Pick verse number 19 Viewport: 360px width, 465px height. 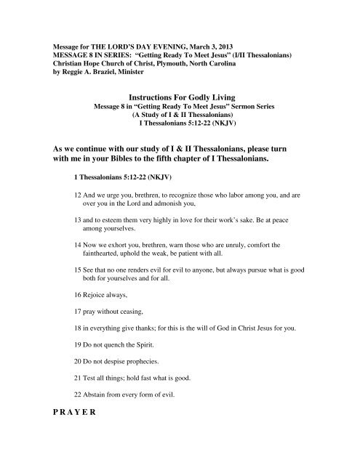[x=78, y=387]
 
